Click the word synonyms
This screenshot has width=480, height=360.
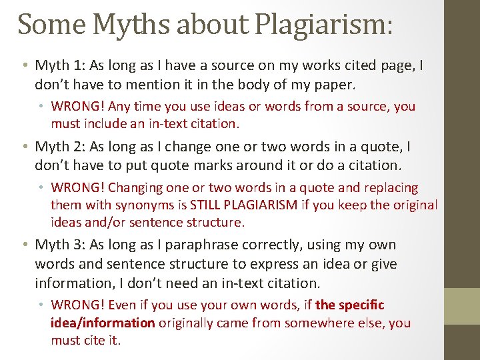141,205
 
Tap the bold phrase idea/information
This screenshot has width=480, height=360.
103,323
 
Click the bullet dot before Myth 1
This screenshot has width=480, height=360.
23,66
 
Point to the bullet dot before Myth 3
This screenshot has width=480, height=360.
23,245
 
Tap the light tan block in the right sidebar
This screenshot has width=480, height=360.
462,307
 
